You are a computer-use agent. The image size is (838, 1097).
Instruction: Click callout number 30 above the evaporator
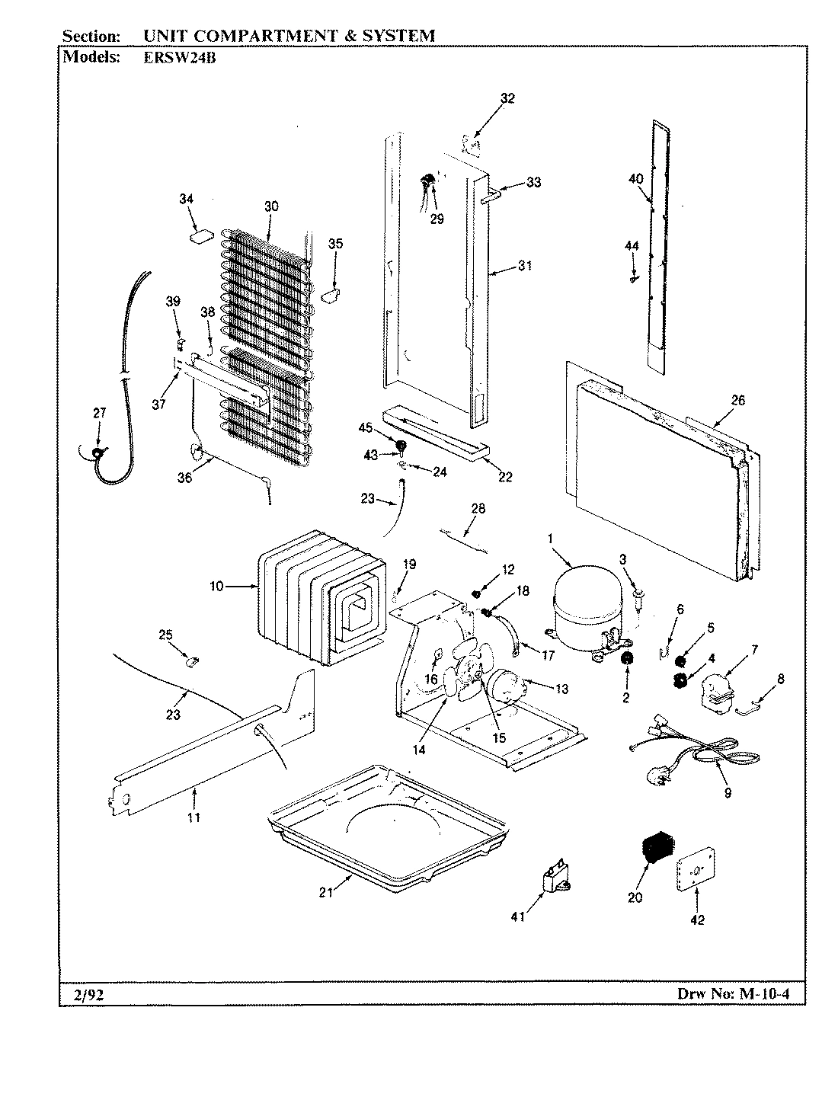point(270,206)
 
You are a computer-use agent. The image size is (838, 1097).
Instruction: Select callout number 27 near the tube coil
point(99,413)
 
